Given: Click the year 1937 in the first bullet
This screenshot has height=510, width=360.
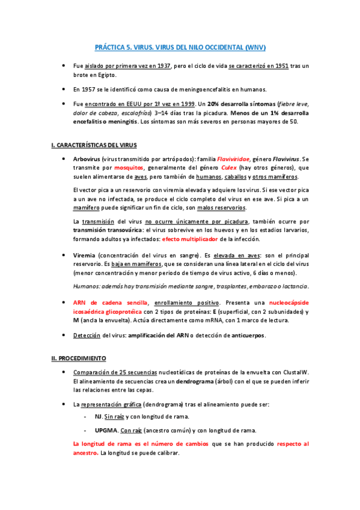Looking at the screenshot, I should (x=163, y=66).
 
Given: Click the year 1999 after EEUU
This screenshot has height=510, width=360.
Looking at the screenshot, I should (x=185, y=103).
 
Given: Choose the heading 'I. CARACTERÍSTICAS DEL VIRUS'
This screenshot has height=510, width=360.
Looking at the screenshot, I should (x=94, y=145).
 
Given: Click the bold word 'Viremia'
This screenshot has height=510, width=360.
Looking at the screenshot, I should (x=84, y=255).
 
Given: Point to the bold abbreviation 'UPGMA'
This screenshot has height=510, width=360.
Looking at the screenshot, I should (x=106, y=430).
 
